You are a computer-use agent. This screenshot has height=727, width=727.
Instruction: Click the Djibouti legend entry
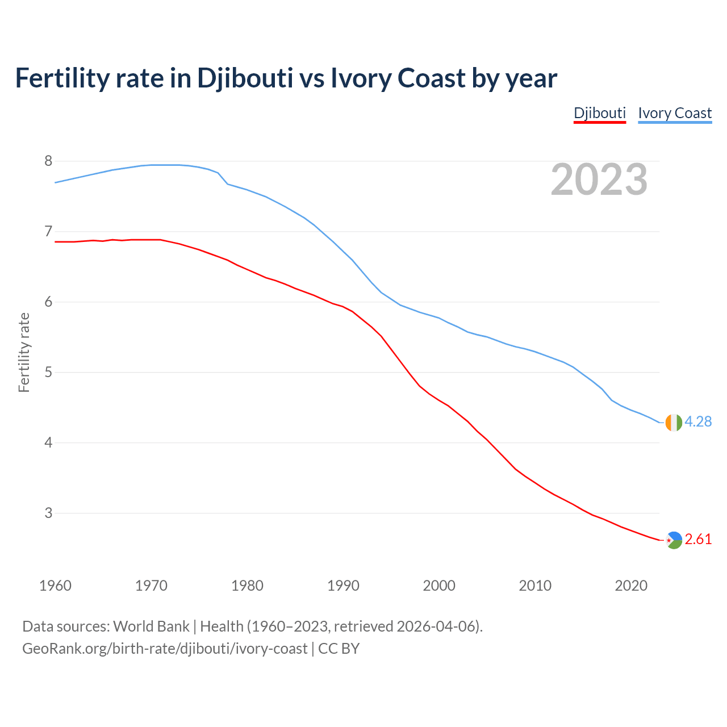(x=599, y=113)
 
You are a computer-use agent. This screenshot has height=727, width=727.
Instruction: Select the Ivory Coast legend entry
(x=675, y=113)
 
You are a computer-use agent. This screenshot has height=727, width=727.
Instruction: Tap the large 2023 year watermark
(x=599, y=179)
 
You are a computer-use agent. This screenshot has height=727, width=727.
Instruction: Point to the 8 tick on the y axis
(x=48, y=161)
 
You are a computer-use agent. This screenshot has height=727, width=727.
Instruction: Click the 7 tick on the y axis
(x=48, y=232)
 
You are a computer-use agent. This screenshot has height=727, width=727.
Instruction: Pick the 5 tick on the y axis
(x=48, y=373)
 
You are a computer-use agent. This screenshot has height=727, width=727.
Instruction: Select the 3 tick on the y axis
(x=48, y=513)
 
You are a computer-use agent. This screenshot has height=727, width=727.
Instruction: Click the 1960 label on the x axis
(x=55, y=586)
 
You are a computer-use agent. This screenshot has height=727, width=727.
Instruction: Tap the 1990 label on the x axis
(x=343, y=586)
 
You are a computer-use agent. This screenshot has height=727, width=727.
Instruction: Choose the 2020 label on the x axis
(x=631, y=586)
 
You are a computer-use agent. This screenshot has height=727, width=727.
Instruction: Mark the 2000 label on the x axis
(x=439, y=586)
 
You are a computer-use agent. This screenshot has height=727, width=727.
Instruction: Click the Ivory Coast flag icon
(x=673, y=423)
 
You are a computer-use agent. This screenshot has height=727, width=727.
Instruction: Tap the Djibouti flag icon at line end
(x=673, y=540)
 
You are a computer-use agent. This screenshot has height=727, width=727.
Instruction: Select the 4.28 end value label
(x=698, y=422)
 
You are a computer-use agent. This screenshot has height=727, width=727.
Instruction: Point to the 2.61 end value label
(x=698, y=540)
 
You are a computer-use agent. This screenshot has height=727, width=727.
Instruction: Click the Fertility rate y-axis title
(x=24, y=352)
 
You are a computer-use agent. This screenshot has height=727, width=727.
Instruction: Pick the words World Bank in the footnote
(x=151, y=626)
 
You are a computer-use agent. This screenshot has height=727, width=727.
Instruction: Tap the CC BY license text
(x=339, y=649)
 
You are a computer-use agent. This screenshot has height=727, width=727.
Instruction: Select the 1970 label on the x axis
(x=151, y=586)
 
